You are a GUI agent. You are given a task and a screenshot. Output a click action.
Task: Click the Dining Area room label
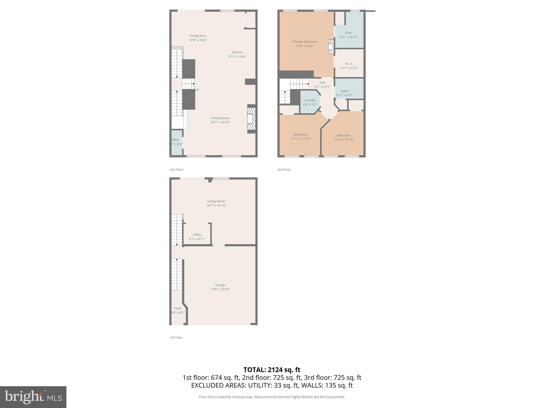(198, 36)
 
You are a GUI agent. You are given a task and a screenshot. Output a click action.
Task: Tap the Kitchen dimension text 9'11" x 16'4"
(237, 57)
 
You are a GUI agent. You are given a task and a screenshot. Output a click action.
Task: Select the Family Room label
(220, 118)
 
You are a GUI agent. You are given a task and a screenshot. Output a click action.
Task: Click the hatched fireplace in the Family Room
(251, 119)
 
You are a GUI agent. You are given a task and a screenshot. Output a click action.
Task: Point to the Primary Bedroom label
(305, 42)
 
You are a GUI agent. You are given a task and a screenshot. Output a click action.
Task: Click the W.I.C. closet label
(349, 64)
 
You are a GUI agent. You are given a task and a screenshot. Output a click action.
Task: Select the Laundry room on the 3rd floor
(310, 102)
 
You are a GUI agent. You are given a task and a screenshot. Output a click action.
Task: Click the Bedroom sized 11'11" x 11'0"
(300, 137)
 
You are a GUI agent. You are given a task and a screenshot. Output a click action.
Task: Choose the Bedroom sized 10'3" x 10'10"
(344, 137)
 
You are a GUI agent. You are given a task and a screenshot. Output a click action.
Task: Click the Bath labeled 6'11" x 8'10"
(348, 35)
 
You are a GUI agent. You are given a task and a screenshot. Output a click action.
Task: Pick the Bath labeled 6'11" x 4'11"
(345, 93)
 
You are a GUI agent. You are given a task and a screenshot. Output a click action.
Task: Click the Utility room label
(197, 235)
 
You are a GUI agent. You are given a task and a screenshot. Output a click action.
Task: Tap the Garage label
(220, 285)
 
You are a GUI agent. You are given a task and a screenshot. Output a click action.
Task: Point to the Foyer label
(178, 308)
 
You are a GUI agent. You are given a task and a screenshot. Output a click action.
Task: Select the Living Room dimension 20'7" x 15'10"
(216, 206)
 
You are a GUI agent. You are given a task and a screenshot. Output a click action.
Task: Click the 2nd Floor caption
(176, 169)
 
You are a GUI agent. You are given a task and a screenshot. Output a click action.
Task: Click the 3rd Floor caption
(284, 169)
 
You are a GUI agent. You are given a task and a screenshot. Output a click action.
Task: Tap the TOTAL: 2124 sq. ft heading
(272, 370)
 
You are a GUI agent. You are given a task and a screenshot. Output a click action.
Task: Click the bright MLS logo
(33, 397)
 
